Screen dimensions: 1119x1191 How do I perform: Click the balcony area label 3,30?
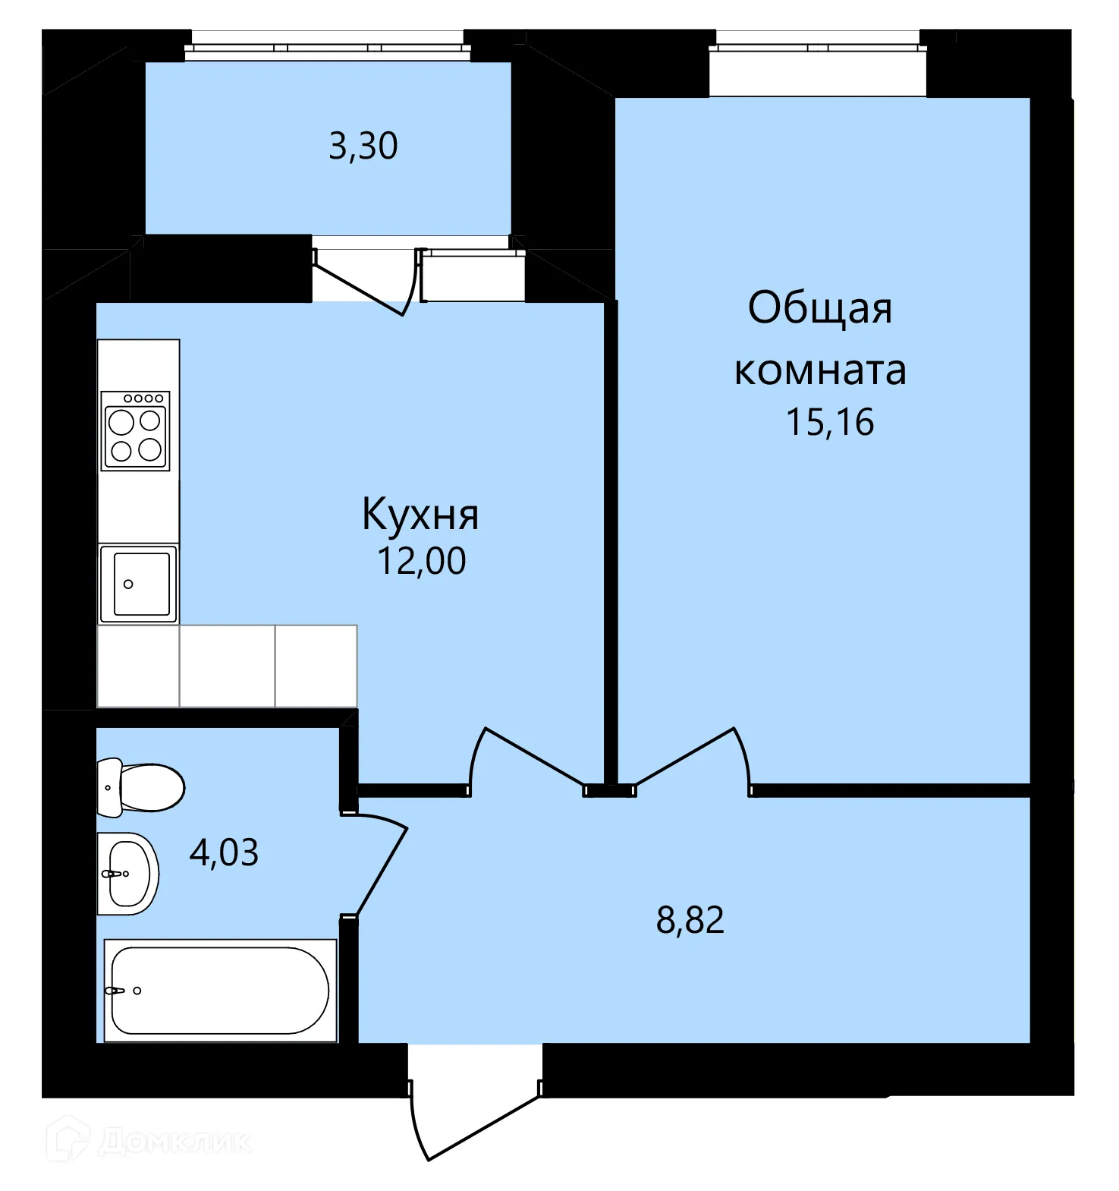pyautogui.click(x=363, y=146)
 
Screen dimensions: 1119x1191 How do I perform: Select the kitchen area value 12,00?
pyautogui.click(x=421, y=561)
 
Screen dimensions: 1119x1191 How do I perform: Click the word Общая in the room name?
pyautogui.click(x=820, y=307)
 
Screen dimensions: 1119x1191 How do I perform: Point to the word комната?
pyautogui.click(x=820, y=371)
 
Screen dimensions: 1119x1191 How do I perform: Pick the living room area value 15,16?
pyautogui.click(x=830, y=422)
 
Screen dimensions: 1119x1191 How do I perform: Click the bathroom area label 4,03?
pyautogui.click(x=224, y=852)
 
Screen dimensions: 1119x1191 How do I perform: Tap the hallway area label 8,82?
pyautogui.click(x=690, y=920)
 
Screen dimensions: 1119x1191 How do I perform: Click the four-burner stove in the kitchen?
pyautogui.click(x=136, y=430)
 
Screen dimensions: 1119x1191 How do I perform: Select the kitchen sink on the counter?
pyautogui.click(x=139, y=584)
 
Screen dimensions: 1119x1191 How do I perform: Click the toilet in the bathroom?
pyautogui.click(x=141, y=787)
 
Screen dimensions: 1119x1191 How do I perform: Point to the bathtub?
pyautogui.click(x=220, y=991)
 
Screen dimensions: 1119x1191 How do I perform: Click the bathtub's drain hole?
pyautogui.click(x=137, y=991)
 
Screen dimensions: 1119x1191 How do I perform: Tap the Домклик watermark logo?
pyautogui.click(x=150, y=1141)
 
